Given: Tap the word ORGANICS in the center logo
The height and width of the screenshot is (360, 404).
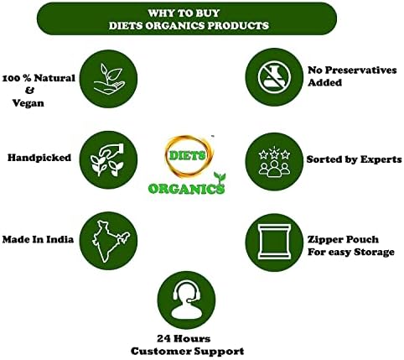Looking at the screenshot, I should (186, 188).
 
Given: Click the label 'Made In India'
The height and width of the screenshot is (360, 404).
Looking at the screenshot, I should (39, 239).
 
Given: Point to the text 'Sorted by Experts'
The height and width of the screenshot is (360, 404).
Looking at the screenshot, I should (355, 159).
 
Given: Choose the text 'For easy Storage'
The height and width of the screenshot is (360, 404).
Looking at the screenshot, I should (353, 252).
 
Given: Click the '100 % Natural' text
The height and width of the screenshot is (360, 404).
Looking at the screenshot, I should (39, 77).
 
